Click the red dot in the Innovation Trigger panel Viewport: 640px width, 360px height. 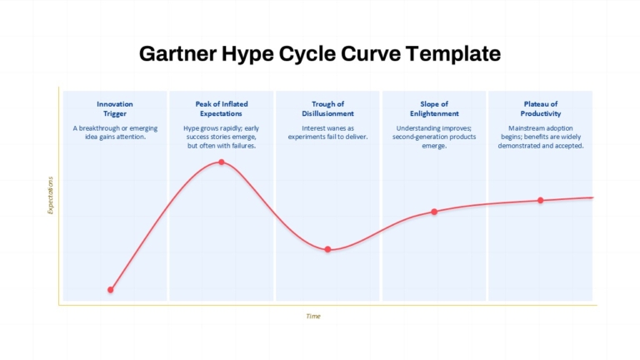[111, 290]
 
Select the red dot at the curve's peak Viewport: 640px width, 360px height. [221, 162]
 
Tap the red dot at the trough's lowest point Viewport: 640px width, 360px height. [327, 249]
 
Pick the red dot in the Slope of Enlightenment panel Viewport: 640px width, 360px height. [434, 212]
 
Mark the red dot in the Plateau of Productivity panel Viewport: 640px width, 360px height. [540, 200]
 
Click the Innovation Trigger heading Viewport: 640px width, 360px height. [115, 108]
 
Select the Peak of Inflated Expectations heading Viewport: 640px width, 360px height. [221, 108]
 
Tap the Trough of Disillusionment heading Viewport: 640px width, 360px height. [327, 108]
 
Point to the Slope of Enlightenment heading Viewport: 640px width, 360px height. [434, 108]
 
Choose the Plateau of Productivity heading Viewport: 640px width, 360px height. [540, 108]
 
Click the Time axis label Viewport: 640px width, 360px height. [313, 317]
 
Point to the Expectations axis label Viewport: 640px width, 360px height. [51, 195]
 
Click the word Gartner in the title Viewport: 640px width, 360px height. [177, 53]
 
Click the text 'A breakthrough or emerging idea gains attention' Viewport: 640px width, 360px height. [115, 132]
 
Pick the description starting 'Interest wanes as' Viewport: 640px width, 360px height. [327, 132]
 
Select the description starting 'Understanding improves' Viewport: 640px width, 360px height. [434, 137]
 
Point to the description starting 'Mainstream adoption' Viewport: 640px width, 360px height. [540, 137]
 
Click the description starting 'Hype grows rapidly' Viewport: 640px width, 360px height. [221, 137]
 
